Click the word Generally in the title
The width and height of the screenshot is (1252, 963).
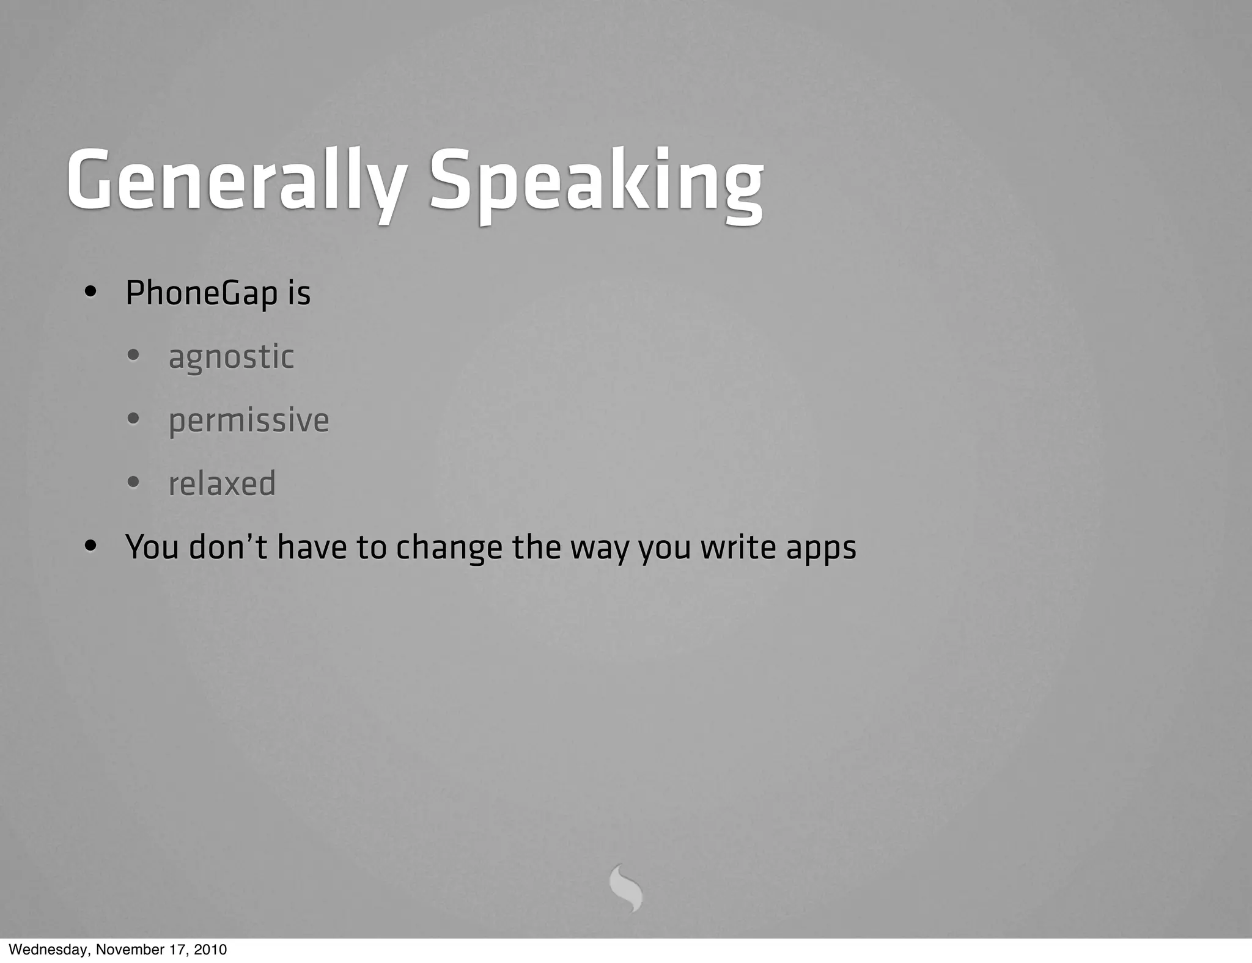click(x=235, y=181)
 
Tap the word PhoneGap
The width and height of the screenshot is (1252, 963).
click(x=201, y=293)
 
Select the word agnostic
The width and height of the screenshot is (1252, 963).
click(x=231, y=357)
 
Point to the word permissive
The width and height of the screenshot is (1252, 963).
click(x=248, y=420)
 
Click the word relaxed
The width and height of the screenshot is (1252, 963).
click(x=222, y=483)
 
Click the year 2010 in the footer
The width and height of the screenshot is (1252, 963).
click(x=211, y=950)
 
